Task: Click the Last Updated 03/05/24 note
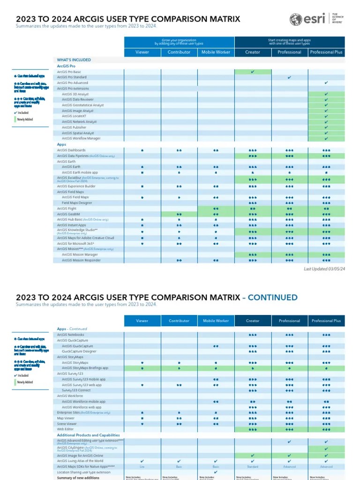[x=324, y=269]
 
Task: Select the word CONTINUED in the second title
[x=272, y=297]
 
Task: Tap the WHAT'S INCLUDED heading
[x=74, y=60]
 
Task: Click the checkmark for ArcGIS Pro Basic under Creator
[x=253, y=72]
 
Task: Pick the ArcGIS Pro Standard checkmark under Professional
[x=289, y=77]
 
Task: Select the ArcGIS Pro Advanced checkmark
[x=326, y=83]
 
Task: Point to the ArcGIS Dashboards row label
[x=71, y=150]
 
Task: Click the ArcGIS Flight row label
[x=66, y=208]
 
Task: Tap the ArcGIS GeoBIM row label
[x=68, y=214]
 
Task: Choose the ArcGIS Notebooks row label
[x=71, y=335]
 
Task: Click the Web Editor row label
[x=66, y=429]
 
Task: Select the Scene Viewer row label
[x=67, y=423]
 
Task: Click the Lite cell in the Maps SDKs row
[x=142, y=467]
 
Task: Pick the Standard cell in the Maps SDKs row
[x=253, y=467]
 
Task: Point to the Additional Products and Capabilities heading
[x=88, y=435]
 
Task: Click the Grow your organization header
[x=179, y=42]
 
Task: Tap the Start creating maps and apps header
[x=289, y=42]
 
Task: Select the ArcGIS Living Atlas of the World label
[x=80, y=461]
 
